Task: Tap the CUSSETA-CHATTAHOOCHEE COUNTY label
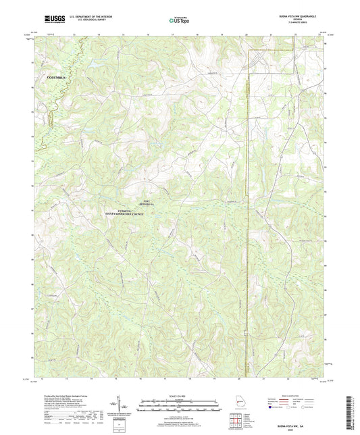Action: pyautogui.click(x=137, y=213)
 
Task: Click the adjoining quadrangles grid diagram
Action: pyautogui.click(x=236, y=421)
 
